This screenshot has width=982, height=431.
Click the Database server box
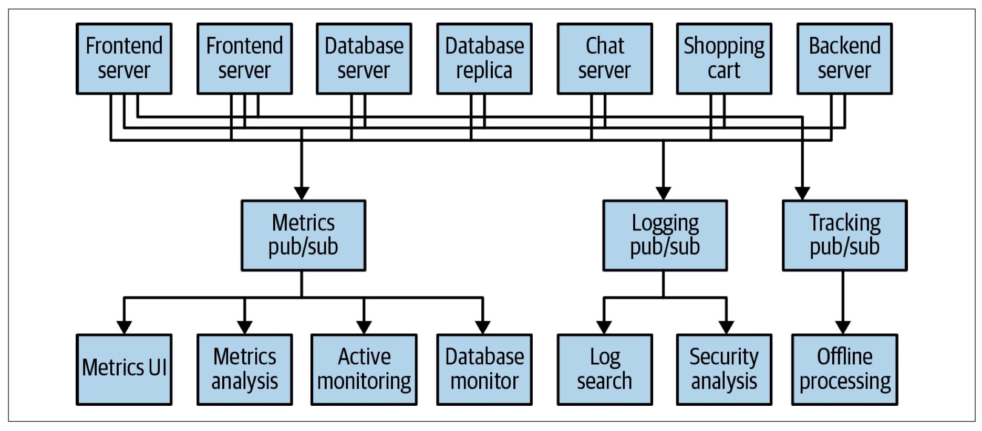point(364,58)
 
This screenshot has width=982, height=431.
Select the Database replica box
point(484,58)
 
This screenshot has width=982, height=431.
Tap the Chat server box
point(604,58)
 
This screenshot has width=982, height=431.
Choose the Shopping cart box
point(724,58)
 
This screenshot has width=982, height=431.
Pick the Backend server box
point(844,58)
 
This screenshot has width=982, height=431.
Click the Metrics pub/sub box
point(303,235)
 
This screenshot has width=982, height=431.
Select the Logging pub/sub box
point(665,235)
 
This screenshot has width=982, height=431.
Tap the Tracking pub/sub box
point(844,235)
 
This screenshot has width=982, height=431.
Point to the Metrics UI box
point(124,370)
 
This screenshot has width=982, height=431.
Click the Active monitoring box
point(364,370)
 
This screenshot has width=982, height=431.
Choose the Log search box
point(604,370)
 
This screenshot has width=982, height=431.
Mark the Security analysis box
point(724,370)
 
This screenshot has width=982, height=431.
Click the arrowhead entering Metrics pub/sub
point(302,193)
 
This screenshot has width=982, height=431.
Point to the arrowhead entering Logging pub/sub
point(663,193)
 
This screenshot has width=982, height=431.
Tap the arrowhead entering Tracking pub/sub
point(802,193)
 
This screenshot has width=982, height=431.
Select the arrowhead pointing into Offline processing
point(843,328)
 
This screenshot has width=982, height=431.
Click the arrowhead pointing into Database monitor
point(483,328)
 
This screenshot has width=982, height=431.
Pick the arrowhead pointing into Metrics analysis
point(244,328)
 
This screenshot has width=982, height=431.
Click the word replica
point(484,71)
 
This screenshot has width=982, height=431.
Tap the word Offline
point(844,357)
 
